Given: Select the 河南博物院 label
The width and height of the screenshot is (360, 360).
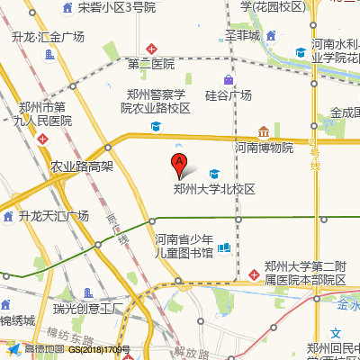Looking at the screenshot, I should [x=264, y=147].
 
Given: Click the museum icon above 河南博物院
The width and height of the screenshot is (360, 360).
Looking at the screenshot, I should [x=264, y=131].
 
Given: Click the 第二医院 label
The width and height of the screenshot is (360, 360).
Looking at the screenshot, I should [x=151, y=65].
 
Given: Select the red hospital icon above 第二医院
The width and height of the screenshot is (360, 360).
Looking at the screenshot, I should [x=152, y=48].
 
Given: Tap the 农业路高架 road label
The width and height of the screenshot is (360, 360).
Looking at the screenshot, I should [x=81, y=166].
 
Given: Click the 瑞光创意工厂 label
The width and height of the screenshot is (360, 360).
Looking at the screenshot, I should [x=87, y=310].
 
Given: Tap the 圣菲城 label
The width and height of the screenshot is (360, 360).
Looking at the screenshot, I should [x=242, y=36].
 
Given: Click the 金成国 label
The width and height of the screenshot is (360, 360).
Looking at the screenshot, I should [x=344, y=113].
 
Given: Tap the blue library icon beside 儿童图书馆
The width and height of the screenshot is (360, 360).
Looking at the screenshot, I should [x=223, y=247].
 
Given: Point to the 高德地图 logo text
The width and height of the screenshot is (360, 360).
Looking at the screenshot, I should [x=44, y=349].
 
